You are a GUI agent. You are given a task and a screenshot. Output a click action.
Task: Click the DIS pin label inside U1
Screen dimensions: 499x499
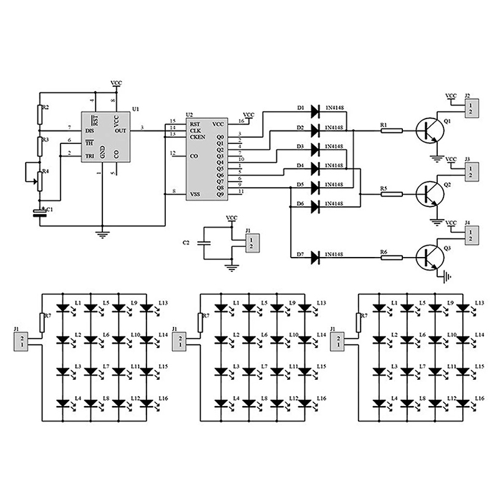(90, 130)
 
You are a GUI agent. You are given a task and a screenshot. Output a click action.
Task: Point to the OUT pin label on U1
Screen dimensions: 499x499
(121, 130)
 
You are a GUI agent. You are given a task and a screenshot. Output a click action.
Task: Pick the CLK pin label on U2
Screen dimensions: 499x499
(196, 130)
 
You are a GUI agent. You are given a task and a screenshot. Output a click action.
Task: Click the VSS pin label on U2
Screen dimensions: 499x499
(196, 194)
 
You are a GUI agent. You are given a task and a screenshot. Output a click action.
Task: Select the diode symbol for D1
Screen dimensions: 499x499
(314, 110)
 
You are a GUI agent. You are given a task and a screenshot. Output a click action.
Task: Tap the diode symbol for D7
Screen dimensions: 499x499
(314, 256)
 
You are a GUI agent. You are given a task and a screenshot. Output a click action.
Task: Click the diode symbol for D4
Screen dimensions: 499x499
(314, 168)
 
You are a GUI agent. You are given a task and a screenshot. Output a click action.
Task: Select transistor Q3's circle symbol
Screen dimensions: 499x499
(429, 256)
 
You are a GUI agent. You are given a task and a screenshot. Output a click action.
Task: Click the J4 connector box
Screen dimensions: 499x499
(472, 235)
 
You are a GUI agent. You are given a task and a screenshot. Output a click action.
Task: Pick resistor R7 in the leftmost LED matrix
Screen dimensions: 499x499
(42, 322)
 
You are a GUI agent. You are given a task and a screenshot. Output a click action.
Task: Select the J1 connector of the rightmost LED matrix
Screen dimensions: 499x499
(339, 341)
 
